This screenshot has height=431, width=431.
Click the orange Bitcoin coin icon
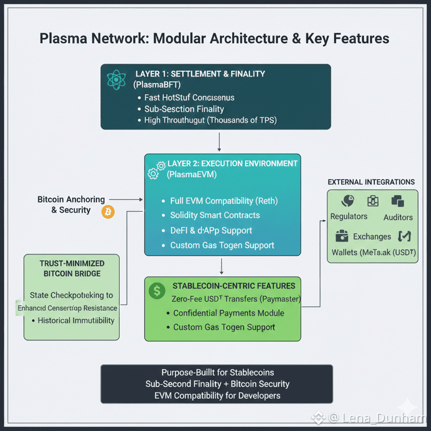108,212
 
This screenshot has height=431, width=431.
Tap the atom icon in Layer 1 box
117,79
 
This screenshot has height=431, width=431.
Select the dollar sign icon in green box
157,291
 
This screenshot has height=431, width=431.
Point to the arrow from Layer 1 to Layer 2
220,141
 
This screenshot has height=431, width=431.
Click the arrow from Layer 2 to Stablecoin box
222,266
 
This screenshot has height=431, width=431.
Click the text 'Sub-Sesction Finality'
184,109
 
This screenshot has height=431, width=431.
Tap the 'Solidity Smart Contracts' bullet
214,215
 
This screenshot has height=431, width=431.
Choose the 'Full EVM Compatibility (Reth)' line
224,200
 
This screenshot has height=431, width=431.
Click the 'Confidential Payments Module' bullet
228,313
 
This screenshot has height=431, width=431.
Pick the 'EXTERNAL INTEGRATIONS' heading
371,182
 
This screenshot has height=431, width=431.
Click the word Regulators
348,217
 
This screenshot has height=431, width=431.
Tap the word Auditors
398,217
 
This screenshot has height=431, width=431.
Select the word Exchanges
372,236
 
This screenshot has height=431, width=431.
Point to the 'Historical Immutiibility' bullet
75,320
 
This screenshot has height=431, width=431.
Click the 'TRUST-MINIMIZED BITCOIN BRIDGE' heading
72,269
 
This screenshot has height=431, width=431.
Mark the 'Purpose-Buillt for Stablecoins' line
218,373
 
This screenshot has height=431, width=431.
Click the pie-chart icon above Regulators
348,201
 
